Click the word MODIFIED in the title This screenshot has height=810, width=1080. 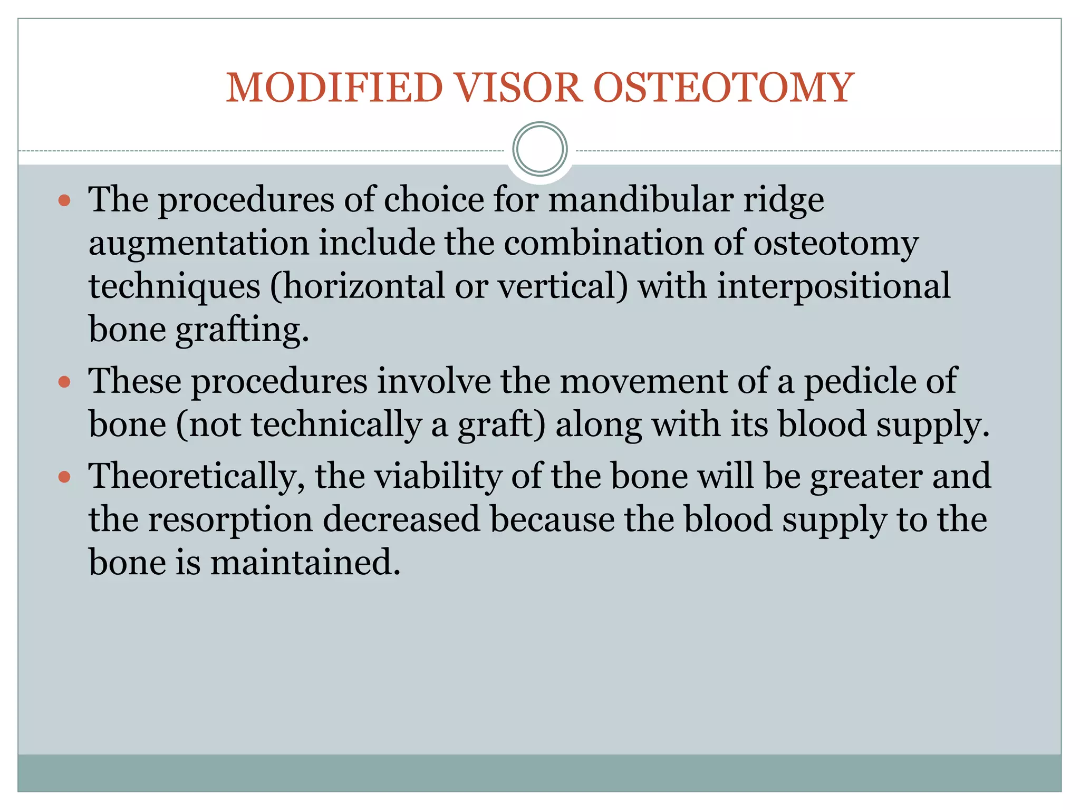pyautogui.click(x=334, y=88)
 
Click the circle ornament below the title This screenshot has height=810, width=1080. pyautogui.click(x=539, y=149)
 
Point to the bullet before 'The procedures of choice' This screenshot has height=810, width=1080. pyautogui.click(x=64, y=200)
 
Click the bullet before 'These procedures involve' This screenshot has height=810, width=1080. pyautogui.click(x=64, y=382)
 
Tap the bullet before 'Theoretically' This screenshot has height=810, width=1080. pyautogui.click(x=64, y=477)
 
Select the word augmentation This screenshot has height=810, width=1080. pyautogui.click(x=199, y=244)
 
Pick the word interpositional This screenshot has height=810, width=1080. pyautogui.click(x=834, y=286)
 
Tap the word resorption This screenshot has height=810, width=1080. pyautogui.click(x=230, y=520)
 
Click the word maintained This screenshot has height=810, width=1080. pyautogui.click(x=306, y=563)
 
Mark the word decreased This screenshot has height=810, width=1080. pyautogui.click(x=401, y=519)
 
